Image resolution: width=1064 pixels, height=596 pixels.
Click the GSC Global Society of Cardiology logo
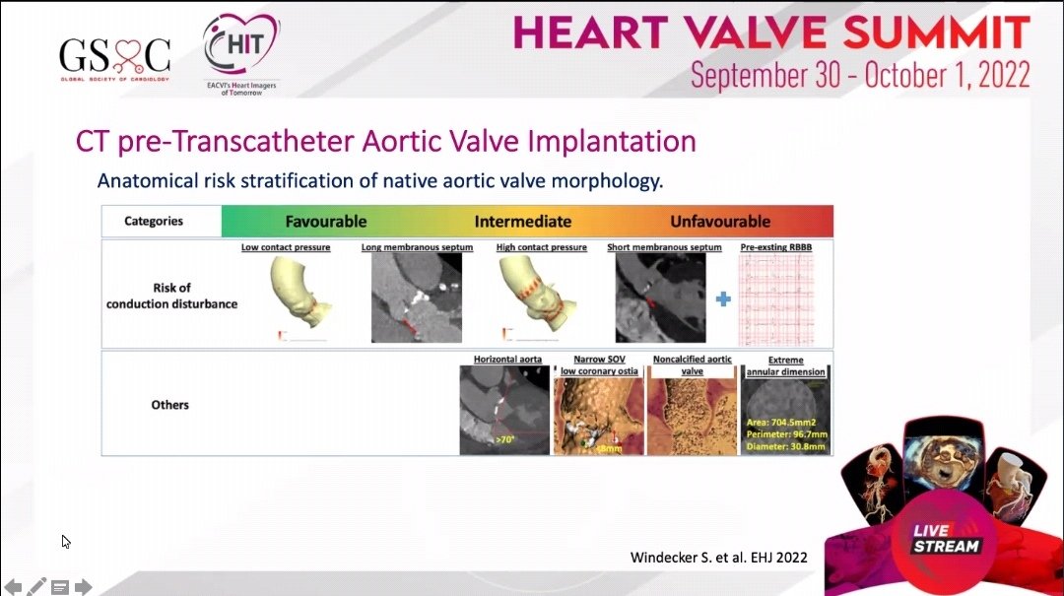tap(114, 57)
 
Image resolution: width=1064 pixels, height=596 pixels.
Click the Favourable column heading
tap(326, 222)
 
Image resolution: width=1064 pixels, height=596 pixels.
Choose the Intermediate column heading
tap(523, 222)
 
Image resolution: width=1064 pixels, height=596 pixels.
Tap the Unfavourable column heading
tap(720, 222)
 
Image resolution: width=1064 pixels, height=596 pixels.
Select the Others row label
tap(170, 405)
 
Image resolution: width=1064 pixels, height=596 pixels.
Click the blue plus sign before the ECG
tap(723, 298)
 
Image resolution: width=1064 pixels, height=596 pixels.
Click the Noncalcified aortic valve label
tap(693, 364)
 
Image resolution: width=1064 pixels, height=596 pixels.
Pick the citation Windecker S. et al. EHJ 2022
tap(718, 558)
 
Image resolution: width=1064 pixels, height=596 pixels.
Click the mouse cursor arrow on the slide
tap(65, 541)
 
